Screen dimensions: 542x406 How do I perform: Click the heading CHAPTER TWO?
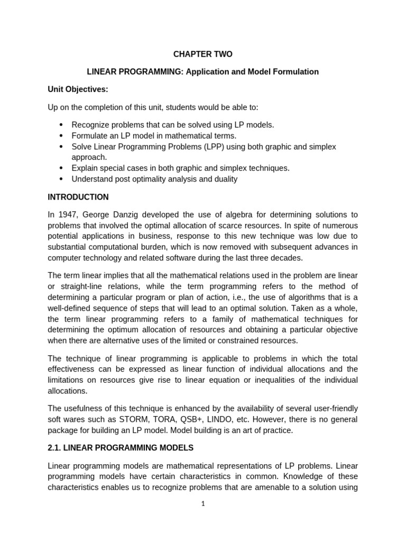tap(203, 54)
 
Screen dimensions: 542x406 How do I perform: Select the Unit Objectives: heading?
tap(78, 89)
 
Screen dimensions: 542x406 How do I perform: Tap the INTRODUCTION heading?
tap(78, 197)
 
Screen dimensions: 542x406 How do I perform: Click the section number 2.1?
tap(54, 448)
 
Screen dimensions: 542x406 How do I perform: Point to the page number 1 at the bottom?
tap(203, 504)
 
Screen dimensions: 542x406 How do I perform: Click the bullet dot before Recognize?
tap(61, 125)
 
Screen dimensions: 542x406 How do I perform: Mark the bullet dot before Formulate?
tap(61, 135)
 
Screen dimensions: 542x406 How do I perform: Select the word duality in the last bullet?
tap(224, 179)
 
